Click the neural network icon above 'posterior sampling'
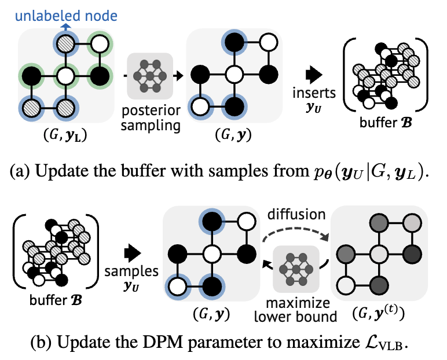(150, 75)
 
